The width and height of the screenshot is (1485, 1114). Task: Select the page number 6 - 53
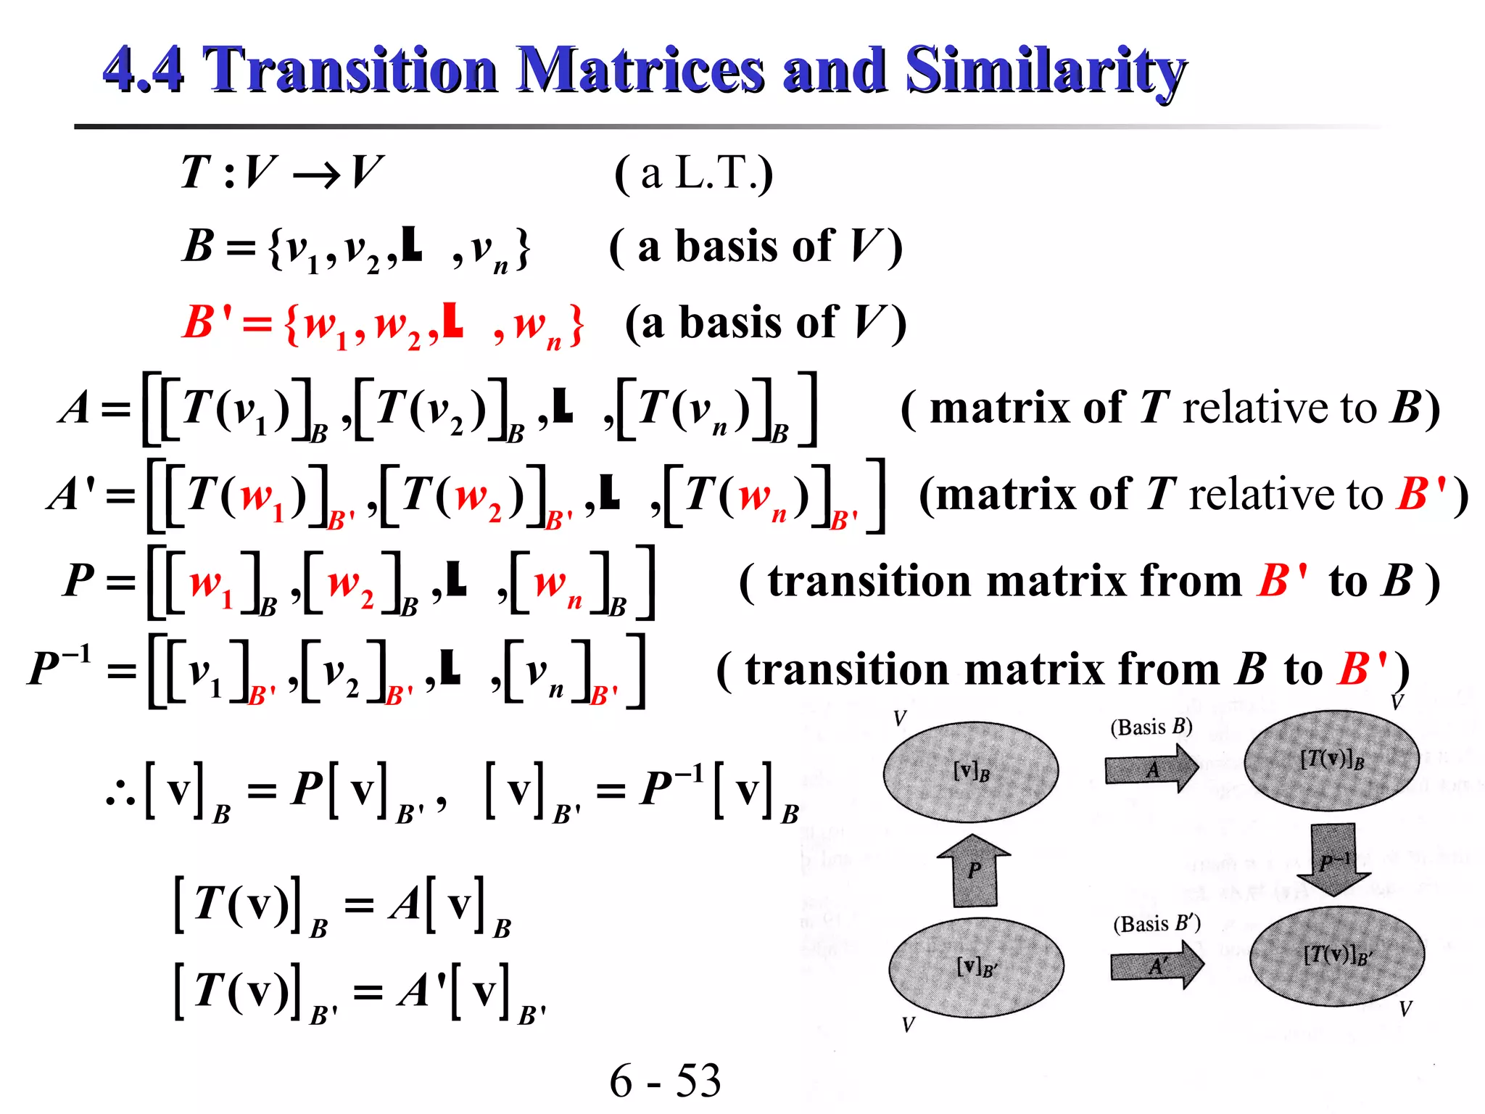click(x=665, y=1080)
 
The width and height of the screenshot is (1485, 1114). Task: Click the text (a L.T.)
click(x=694, y=174)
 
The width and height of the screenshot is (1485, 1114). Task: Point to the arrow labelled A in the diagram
click(x=1151, y=770)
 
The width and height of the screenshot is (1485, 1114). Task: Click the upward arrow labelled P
click(x=974, y=870)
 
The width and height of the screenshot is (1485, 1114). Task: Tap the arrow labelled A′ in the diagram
click(x=1157, y=965)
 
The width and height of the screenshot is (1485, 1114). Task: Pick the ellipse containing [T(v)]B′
click(x=1336, y=956)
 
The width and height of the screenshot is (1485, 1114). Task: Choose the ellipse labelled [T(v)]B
click(x=1331, y=760)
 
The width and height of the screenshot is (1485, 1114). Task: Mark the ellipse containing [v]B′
click(x=976, y=967)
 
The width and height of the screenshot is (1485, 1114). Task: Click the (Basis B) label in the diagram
click(x=1151, y=727)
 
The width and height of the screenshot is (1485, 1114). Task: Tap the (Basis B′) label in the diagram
click(x=1157, y=923)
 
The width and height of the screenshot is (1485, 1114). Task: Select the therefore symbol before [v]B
click(x=120, y=794)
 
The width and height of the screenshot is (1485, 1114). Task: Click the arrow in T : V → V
click(x=317, y=175)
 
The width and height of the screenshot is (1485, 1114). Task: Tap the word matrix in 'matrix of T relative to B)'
click(x=1000, y=408)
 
